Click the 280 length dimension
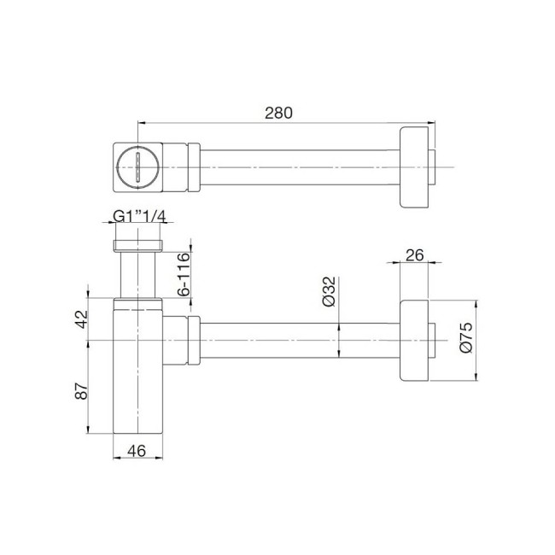(x=279, y=113)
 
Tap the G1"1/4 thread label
(x=139, y=217)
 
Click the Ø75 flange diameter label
(x=466, y=339)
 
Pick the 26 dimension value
(x=416, y=254)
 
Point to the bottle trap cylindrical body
(x=138, y=384)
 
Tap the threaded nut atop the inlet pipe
(x=138, y=247)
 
